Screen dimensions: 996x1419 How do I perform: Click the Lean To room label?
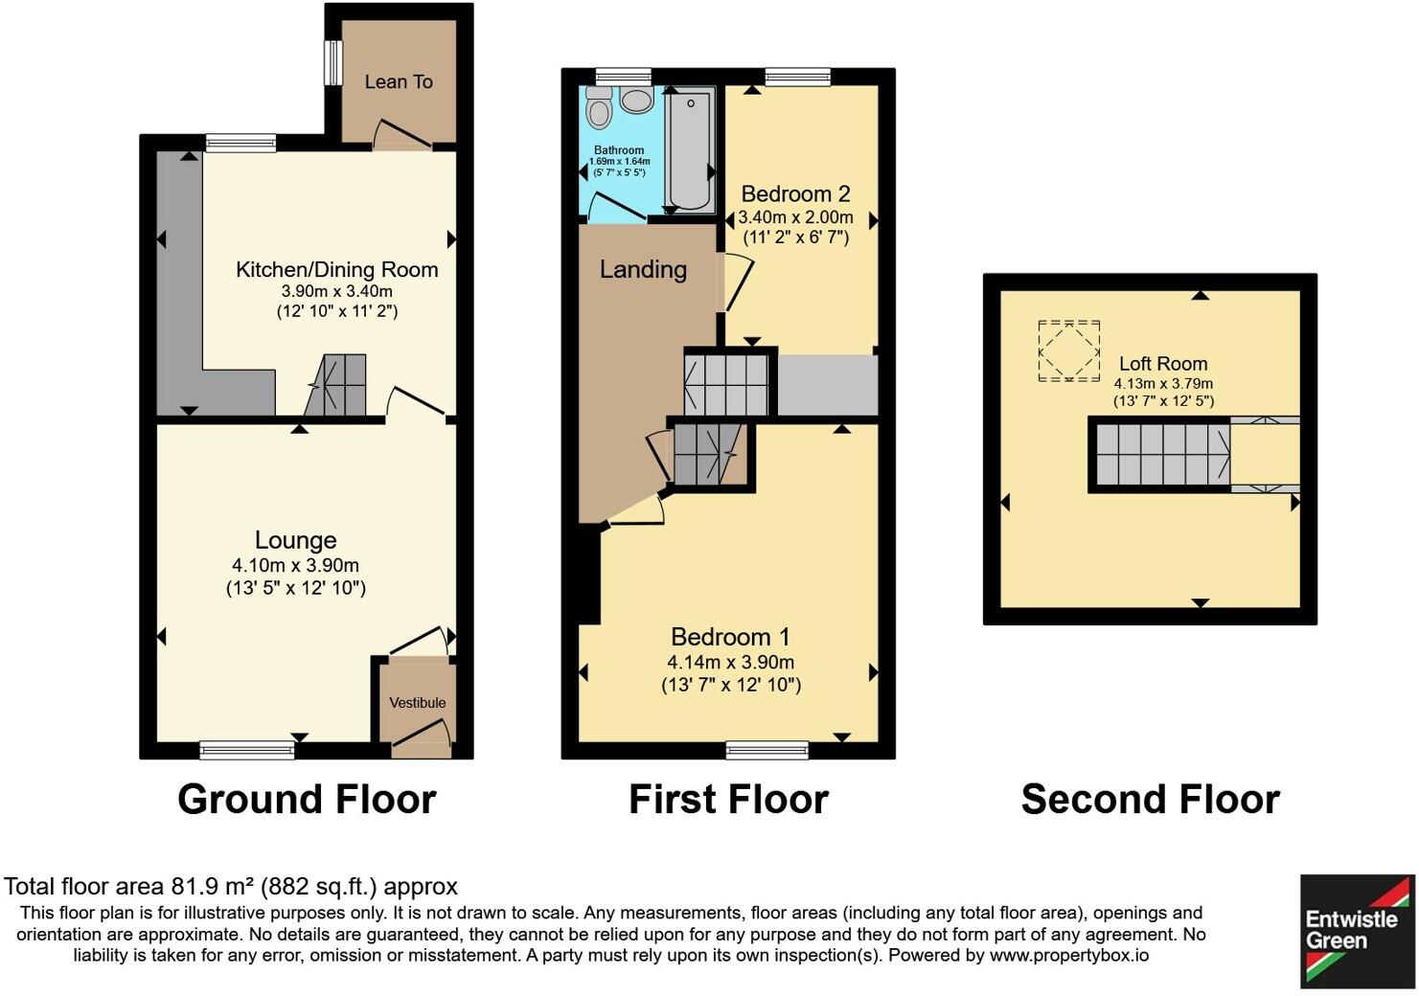point(399,82)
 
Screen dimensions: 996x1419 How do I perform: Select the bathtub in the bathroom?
point(690,148)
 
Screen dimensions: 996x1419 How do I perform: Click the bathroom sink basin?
point(636,100)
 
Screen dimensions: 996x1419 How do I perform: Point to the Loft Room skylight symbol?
point(1068,351)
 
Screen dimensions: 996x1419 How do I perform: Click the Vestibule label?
point(418,703)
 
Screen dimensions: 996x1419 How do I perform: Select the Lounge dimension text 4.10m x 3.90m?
point(295,566)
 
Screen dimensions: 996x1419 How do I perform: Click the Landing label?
point(643,270)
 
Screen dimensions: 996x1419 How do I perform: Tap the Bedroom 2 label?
point(795,194)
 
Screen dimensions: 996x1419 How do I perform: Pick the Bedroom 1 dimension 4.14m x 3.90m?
point(730,663)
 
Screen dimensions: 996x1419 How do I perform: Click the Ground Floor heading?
point(307,800)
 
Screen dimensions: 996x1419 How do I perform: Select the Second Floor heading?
point(1150,800)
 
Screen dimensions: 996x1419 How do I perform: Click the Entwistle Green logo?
point(1356,930)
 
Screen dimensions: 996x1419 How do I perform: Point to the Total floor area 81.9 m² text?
point(231,887)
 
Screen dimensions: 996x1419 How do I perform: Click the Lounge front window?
point(247,750)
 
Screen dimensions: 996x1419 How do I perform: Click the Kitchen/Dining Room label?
point(337,270)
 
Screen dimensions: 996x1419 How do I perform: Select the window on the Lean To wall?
point(332,62)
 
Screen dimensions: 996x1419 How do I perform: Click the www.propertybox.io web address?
point(1068,956)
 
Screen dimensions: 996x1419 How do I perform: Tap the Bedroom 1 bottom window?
point(767,750)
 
